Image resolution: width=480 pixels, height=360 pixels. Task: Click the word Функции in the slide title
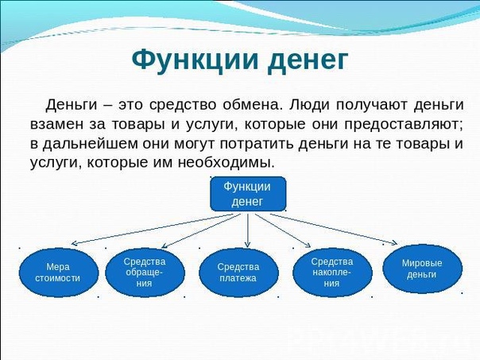[x=195, y=60]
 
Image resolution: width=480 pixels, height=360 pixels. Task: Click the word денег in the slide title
[x=308, y=61]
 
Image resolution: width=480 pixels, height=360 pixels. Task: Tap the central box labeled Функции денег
[x=248, y=194]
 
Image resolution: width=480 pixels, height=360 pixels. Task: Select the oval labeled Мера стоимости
[x=59, y=272]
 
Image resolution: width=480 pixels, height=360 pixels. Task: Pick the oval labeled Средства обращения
[x=145, y=272]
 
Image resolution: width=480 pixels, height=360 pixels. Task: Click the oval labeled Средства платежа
[x=238, y=272]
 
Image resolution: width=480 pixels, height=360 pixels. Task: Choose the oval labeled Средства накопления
[x=332, y=272]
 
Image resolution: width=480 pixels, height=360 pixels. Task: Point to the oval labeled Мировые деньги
[x=423, y=269]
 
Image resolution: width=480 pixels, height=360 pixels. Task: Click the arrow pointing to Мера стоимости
[x=152, y=229]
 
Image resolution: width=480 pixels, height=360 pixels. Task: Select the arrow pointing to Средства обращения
[x=201, y=230]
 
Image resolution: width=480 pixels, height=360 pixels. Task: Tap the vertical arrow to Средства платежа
[x=248, y=230]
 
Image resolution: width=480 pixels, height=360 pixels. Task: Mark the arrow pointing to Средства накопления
[x=283, y=230]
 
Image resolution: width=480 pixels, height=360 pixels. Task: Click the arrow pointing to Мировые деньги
[x=334, y=230]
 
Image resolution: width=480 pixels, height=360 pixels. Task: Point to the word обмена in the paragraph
[x=251, y=105]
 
